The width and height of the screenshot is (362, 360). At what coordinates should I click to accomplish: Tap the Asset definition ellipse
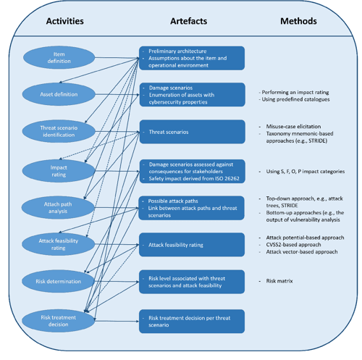58,94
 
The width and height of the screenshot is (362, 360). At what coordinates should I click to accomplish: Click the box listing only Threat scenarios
192,133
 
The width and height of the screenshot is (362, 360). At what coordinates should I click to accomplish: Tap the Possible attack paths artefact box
192,208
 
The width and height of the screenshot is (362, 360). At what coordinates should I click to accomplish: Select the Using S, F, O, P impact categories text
303,172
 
